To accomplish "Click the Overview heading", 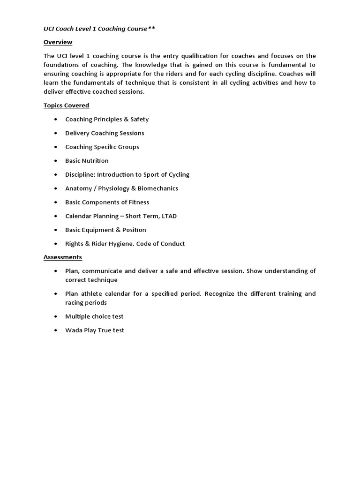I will coord(58,42).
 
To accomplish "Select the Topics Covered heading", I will coord(66,105).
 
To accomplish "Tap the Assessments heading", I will coord(62,257).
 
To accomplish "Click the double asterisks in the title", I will coord(151,29).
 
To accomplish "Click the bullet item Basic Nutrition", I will coord(87,161).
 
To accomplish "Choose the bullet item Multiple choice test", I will coord(94,316).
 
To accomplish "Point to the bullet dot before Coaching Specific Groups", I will coord(56,147).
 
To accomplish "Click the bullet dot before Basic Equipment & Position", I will coord(56,230).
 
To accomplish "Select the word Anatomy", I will coord(79,188).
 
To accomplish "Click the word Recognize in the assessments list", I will coord(220,294).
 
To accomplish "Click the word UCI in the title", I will coord(49,29).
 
